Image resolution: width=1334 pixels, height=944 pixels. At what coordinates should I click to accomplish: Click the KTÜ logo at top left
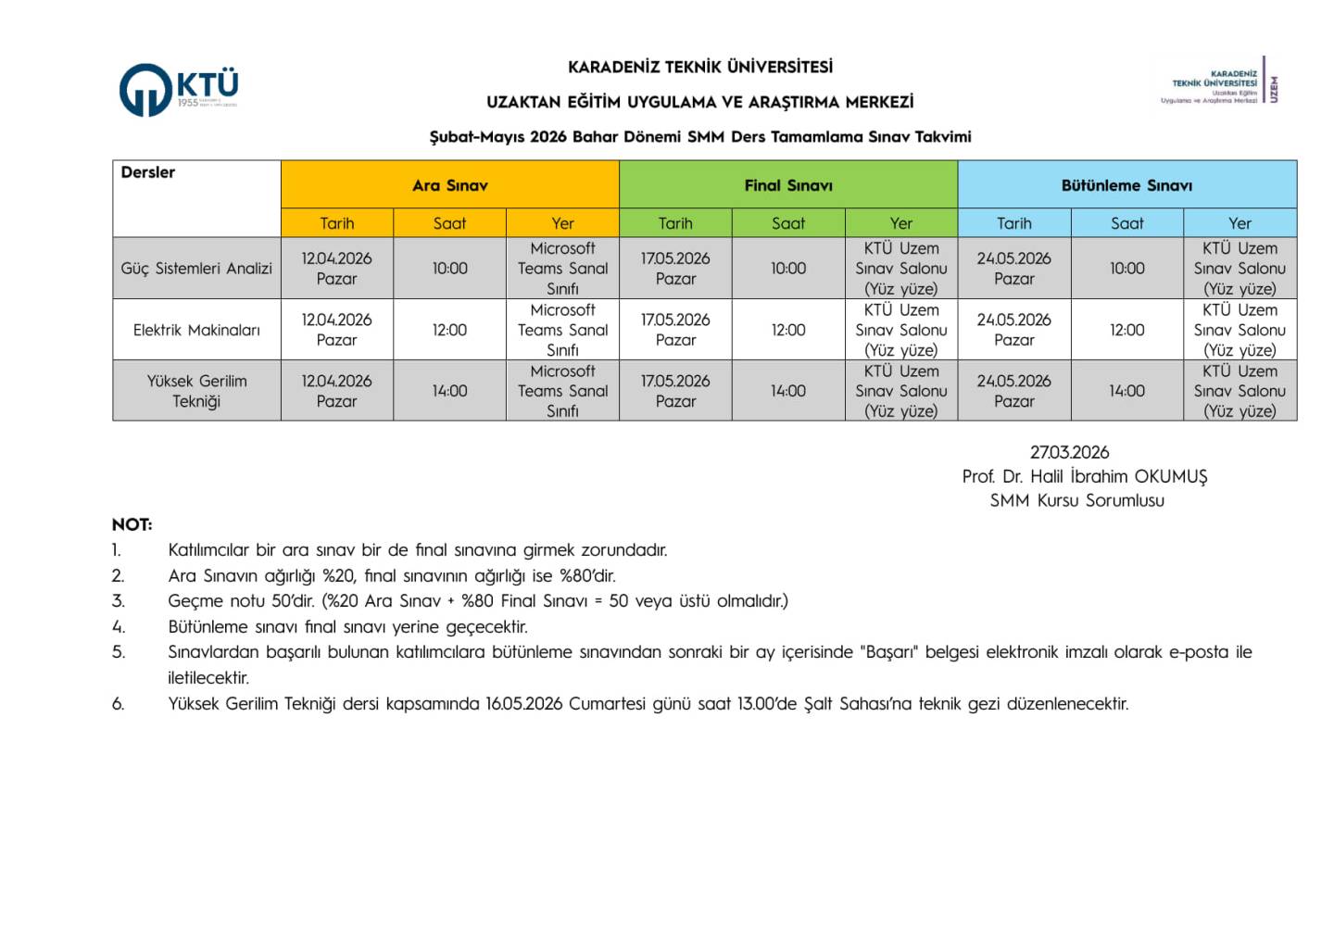pyautogui.click(x=179, y=89)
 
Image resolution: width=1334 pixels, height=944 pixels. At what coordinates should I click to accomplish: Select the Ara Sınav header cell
pyautogui.click(x=449, y=185)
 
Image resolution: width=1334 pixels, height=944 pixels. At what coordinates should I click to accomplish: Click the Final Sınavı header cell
pyautogui.click(x=788, y=185)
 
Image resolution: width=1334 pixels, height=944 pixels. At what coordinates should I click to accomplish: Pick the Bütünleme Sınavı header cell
pyautogui.click(x=1126, y=185)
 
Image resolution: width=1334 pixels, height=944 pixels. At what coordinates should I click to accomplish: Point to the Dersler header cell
pyautogui.click(x=148, y=173)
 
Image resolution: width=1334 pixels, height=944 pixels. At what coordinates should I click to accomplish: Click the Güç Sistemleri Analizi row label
pyautogui.click(x=196, y=269)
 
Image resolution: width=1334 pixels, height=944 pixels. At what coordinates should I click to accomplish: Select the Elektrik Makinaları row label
pyautogui.click(x=196, y=330)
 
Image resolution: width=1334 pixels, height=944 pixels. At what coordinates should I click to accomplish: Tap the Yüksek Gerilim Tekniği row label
pyautogui.click(x=196, y=391)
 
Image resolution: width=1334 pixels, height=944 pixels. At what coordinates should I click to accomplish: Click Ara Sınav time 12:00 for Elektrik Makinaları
pyautogui.click(x=449, y=330)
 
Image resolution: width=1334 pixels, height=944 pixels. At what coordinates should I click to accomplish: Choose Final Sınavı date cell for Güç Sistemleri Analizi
pyautogui.click(x=675, y=269)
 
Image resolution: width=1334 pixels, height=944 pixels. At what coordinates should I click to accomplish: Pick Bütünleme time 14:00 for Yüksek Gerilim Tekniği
pyautogui.click(x=1126, y=391)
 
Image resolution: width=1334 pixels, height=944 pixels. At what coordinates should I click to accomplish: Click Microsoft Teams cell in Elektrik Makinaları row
pyautogui.click(x=562, y=330)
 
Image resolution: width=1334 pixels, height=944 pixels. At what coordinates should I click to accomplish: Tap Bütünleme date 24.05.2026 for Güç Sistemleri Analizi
pyautogui.click(x=1013, y=269)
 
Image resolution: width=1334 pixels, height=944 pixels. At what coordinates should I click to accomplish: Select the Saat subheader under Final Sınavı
pyautogui.click(x=788, y=223)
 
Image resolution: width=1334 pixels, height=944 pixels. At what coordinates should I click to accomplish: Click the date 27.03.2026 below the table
pyautogui.click(x=1069, y=452)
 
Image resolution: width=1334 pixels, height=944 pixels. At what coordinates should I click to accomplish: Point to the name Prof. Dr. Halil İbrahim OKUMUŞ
pyautogui.click(x=1085, y=476)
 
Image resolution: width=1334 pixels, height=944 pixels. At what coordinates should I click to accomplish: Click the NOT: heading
pyautogui.click(x=132, y=524)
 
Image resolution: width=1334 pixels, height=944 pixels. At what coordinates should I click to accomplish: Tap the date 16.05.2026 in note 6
pyautogui.click(x=524, y=704)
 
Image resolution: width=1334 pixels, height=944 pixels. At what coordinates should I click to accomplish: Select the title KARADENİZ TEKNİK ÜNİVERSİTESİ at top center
pyautogui.click(x=700, y=67)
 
